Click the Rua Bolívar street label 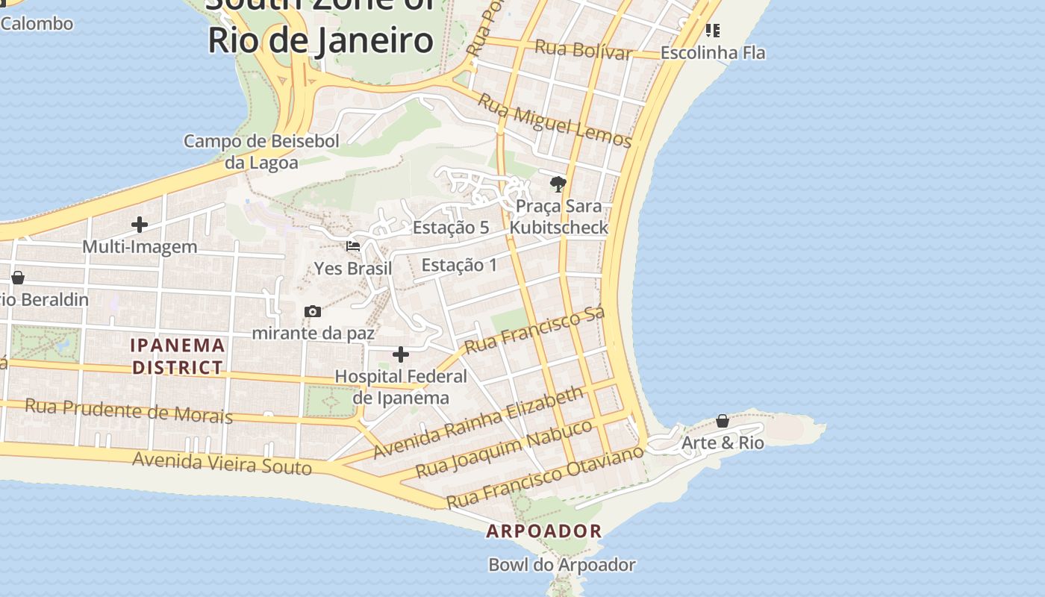(583, 50)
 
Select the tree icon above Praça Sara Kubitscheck (558, 184)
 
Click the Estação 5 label (451, 228)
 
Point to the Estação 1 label (459, 265)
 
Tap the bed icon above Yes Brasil (353, 246)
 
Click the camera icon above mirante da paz (313, 311)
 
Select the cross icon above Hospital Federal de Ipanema (401, 354)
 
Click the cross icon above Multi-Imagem (140, 224)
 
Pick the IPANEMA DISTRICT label (178, 356)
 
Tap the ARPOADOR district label (543, 531)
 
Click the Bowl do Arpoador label (561, 565)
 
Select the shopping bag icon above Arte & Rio (723, 421)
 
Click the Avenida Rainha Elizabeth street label (478, 422)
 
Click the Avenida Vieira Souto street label (222, 463)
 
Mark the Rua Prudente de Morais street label (128, 410)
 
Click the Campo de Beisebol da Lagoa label (261, 151)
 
